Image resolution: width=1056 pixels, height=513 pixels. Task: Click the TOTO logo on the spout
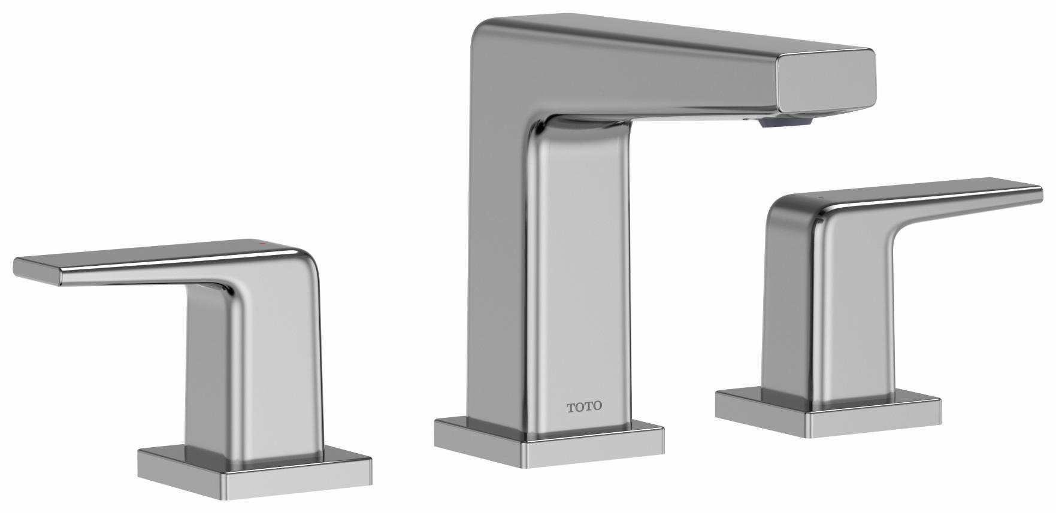(x=585, y=406)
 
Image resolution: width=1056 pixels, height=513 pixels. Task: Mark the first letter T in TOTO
(x=571, y=407)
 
